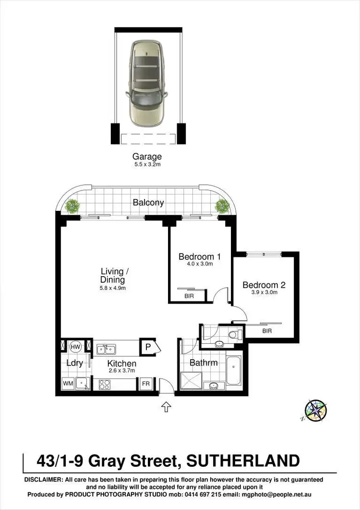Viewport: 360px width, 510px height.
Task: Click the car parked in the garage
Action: tap(146, 83)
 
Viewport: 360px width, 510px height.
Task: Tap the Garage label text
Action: tap(147, 157)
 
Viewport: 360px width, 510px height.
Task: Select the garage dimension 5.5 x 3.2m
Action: tap(147, 164)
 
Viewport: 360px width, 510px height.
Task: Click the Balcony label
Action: tap(148, 203)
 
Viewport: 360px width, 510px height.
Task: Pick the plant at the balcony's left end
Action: tap(72, 206)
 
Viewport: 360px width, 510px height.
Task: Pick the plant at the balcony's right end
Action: tap(222, 206)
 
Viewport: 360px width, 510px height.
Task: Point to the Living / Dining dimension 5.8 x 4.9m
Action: tap(112, 288)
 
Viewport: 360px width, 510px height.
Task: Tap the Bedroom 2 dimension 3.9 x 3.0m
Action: tap(264, 292)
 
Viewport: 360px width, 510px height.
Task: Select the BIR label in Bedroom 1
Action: tap(189, 296)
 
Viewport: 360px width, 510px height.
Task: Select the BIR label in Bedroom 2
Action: tap(266, 331)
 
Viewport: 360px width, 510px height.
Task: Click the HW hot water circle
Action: tap(75, 347)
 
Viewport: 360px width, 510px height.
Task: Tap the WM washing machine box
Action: tap(68, 384)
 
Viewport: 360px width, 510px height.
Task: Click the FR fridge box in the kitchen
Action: tap(145, 384)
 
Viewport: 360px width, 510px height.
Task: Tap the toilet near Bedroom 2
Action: tap(234, 335)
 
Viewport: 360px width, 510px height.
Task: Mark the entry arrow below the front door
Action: tap(166, 407)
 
